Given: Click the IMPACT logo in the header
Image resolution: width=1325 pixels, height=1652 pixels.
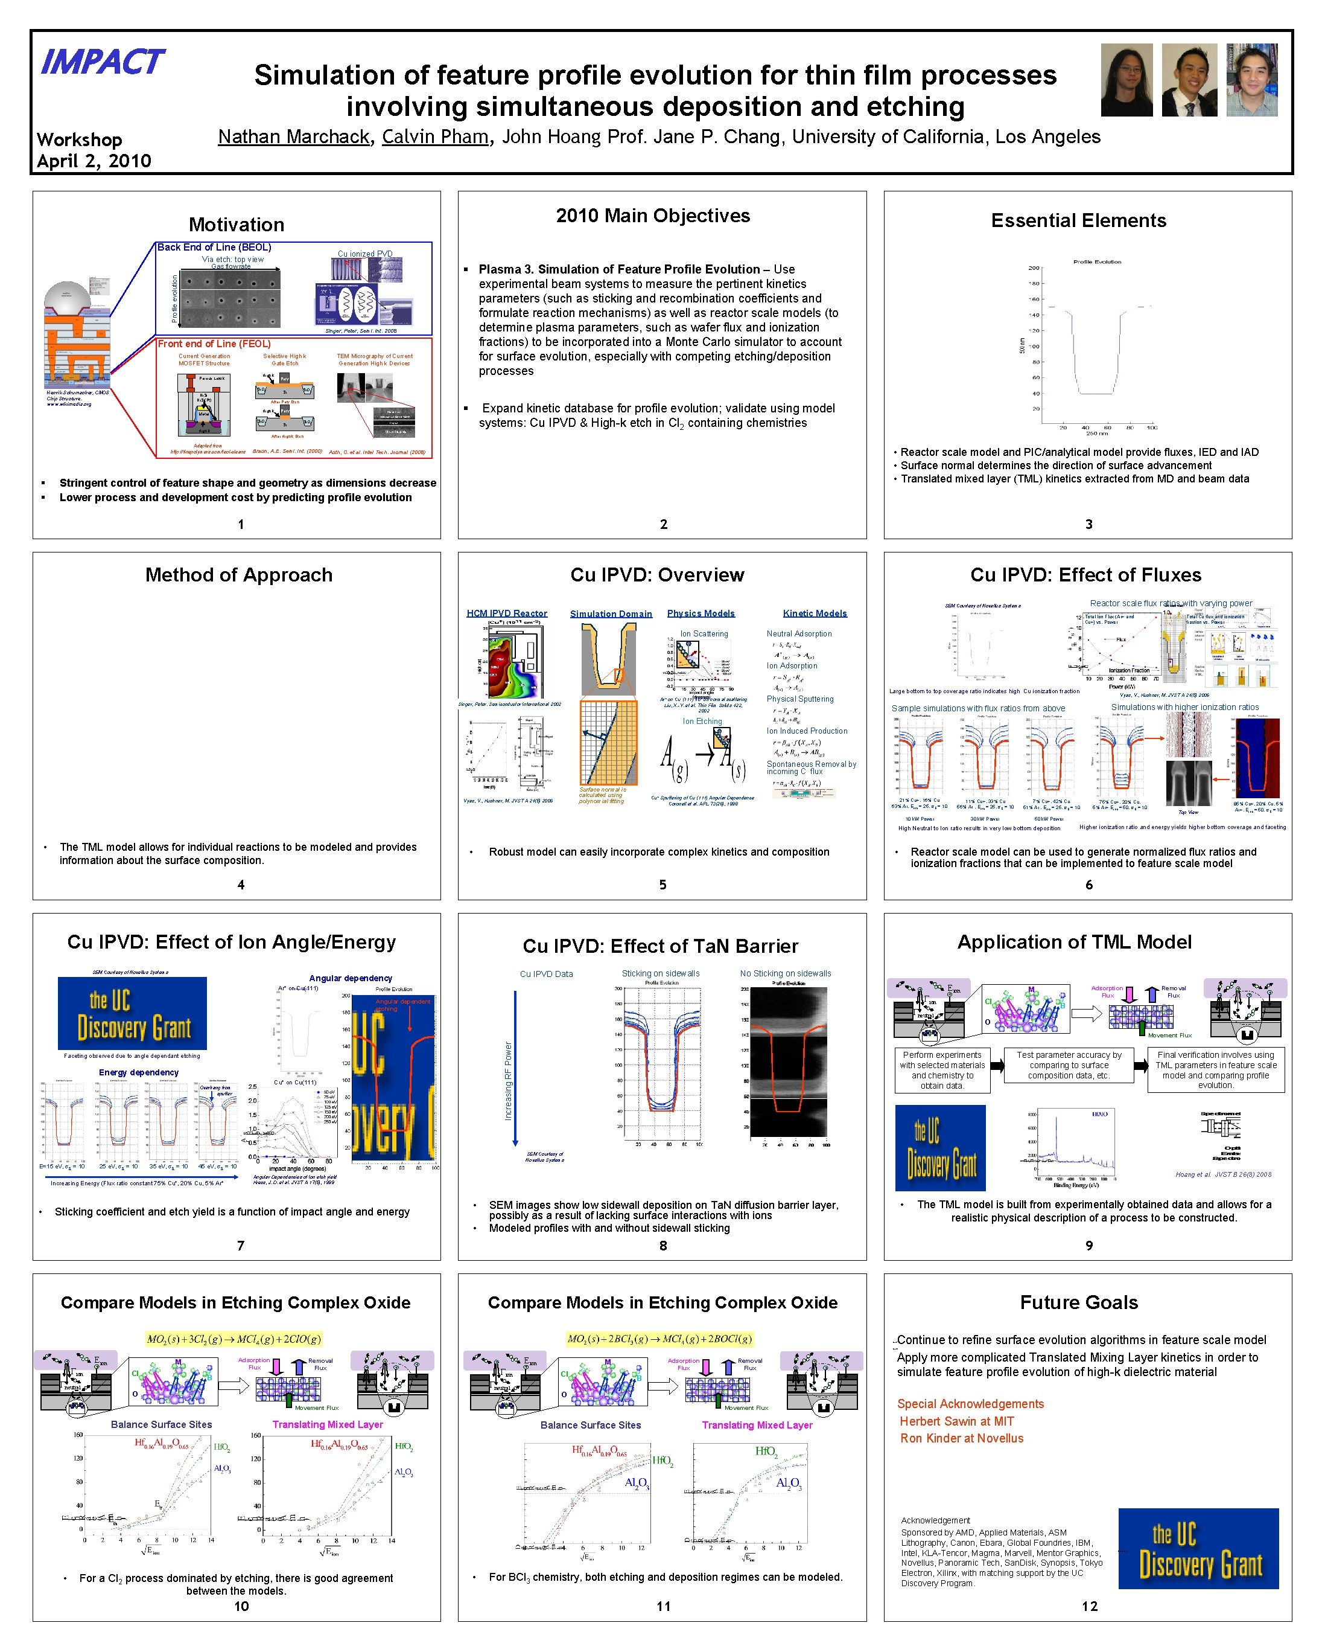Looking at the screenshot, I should [102, 62].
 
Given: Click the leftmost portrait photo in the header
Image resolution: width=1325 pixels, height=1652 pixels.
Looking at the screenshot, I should [1126, 80].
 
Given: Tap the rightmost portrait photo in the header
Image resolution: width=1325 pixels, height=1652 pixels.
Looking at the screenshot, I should [1251, 80].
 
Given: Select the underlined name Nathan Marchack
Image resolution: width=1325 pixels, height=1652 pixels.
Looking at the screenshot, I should [294, 137].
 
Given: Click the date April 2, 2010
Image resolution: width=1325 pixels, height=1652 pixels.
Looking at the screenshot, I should [94, 161].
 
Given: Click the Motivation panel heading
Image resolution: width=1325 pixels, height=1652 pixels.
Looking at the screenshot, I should [237, 225].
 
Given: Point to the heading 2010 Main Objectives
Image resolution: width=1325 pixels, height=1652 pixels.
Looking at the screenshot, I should [652, 216].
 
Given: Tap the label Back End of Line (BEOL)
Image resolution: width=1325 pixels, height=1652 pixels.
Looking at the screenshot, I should [214, 248].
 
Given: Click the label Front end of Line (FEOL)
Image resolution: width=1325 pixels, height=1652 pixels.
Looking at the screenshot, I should [214, 344].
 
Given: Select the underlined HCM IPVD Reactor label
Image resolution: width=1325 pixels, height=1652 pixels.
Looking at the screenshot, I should [507, 613].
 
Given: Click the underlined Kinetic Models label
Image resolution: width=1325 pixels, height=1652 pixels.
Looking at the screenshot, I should [815, 613].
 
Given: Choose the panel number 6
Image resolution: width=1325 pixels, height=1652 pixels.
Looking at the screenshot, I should [1088, 885].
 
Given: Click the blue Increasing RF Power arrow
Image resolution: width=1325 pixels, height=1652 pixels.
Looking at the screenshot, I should [515, 1069].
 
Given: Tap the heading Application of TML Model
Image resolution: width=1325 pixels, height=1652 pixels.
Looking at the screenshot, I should [1074, 943].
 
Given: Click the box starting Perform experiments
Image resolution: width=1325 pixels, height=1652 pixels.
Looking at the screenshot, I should [942, 1070].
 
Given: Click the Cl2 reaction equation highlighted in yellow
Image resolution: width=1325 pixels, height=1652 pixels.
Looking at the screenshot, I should [234, 1339].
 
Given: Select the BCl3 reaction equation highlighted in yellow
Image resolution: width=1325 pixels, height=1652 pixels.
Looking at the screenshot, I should [659, 1339].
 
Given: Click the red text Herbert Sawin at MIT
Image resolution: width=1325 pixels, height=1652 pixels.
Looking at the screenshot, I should [956, 1421].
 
